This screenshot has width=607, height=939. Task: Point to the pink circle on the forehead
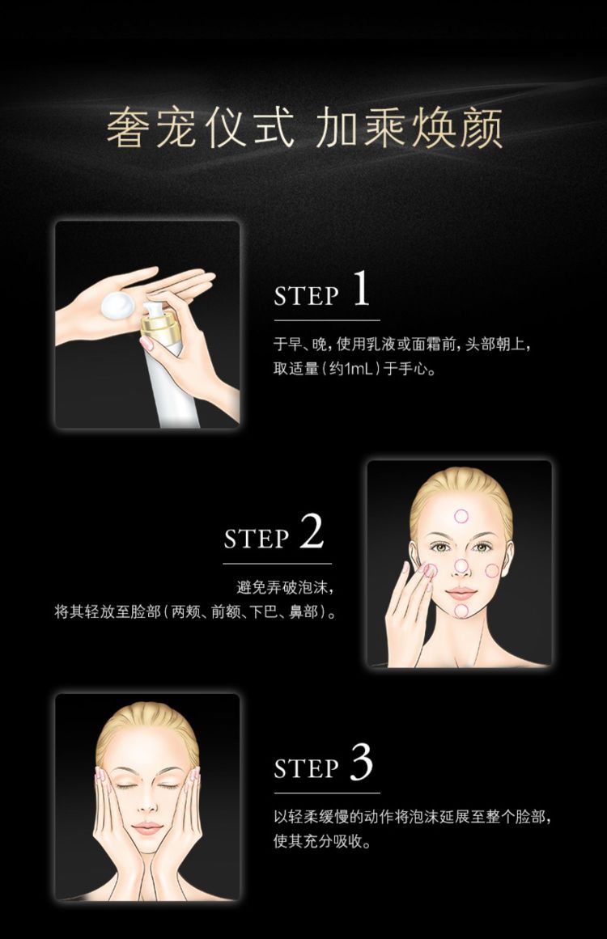point(461,516)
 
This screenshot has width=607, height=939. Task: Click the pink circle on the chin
point(461,611)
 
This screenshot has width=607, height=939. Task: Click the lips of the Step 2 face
point(461,594)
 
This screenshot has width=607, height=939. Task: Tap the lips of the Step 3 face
point(147,828)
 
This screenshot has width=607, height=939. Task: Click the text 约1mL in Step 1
point(351,369)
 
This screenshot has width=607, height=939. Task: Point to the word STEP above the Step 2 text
point(257,538)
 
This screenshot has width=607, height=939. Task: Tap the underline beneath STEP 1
point(327,320)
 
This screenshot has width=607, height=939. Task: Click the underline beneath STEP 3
point(327,793)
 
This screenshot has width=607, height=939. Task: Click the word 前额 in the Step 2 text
point(225,612)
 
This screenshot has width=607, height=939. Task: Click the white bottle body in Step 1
point(176,389)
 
